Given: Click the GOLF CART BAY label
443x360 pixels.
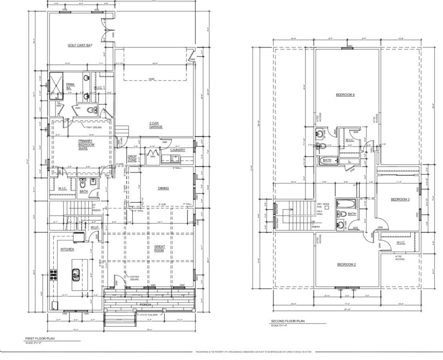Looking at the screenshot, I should click(80, 46).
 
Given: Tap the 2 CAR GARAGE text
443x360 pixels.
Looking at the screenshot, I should click(156, 125).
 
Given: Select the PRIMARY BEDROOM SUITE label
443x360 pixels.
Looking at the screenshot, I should click(86, 145).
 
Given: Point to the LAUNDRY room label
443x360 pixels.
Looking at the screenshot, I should click(178, 150).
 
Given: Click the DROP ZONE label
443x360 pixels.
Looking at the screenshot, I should click(132, 158).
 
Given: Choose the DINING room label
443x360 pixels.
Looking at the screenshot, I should click(163, 188).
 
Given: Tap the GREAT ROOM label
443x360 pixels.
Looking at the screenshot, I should click(159, 249).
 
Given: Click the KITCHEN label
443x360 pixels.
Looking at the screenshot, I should click(67, 249).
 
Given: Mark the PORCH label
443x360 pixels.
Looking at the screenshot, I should click(145, 305).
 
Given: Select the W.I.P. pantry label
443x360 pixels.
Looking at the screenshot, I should click(95, 227).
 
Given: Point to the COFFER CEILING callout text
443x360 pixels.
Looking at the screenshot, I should click(134, 278).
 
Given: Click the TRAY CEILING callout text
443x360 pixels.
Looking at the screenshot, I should click(94, 127).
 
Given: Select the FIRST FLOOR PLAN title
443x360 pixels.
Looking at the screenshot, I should click(40, 338).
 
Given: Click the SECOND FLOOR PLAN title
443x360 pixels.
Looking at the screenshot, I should click(288, 321).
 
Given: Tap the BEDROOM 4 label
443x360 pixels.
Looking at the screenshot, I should click(345, 95).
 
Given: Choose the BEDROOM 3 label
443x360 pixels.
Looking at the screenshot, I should click(400, 199).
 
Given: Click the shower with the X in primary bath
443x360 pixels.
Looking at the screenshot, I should click(56, 86).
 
